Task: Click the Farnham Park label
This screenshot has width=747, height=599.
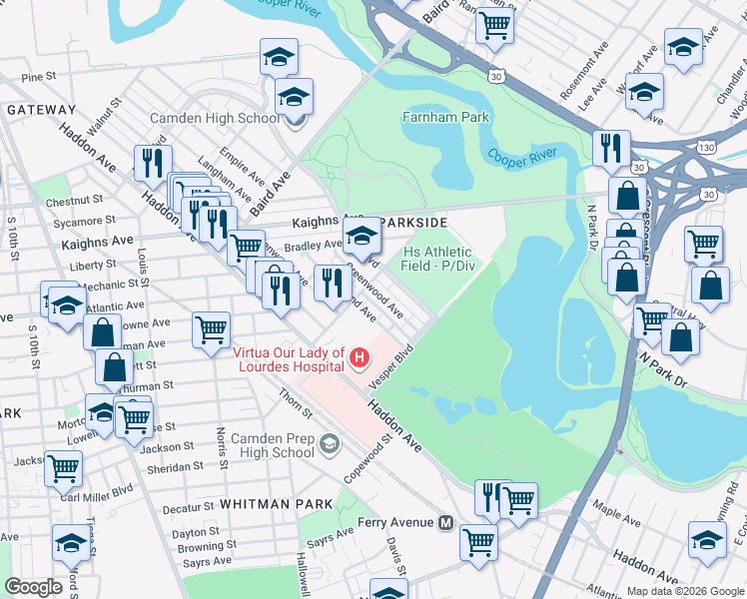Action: (445, 117)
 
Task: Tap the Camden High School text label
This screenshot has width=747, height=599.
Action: (215, 118)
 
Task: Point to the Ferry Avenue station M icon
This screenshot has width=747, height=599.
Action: (446, 522)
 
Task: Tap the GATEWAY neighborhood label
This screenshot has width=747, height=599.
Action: (41, 110)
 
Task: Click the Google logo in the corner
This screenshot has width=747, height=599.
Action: (33, 586)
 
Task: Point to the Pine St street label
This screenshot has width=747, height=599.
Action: (38, 77)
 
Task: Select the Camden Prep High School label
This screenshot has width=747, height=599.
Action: (273, 445)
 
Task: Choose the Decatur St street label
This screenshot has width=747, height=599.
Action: (182, 509)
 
